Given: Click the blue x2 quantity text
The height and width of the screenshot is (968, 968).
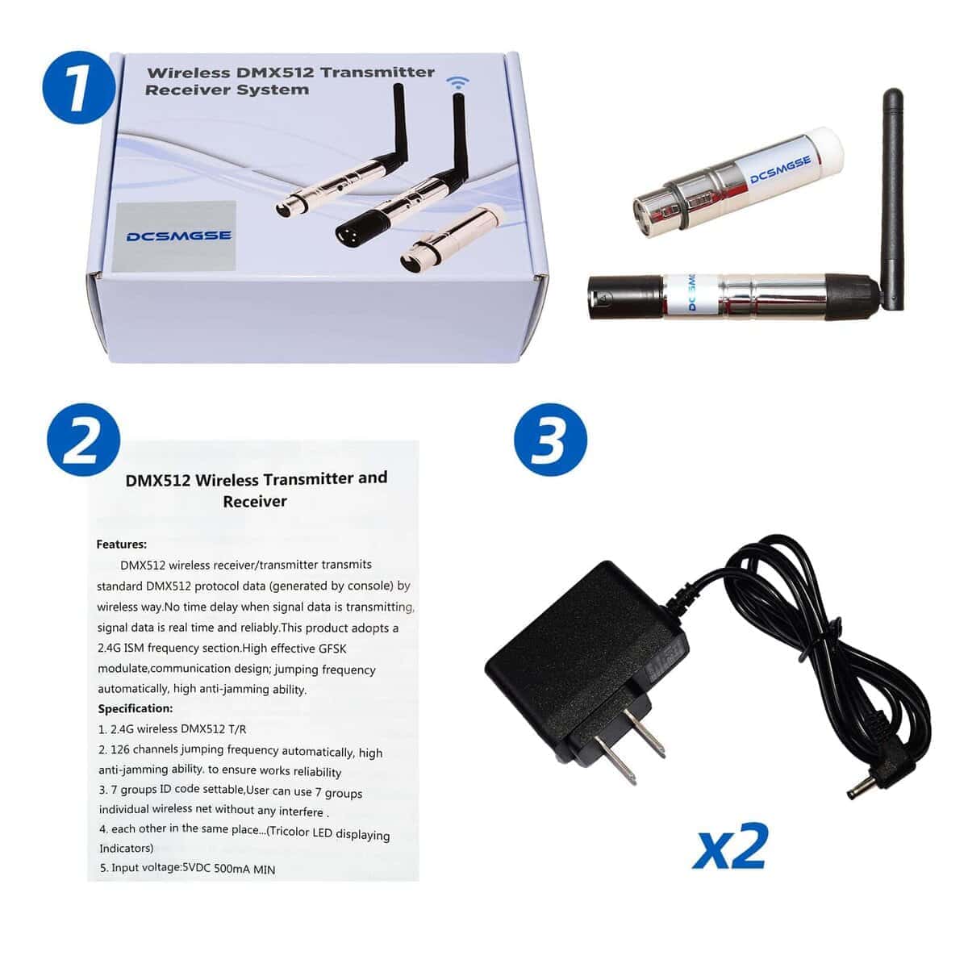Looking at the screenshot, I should tap(729, 847).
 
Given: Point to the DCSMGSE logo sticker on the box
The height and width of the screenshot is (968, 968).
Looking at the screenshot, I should tap(177, 236).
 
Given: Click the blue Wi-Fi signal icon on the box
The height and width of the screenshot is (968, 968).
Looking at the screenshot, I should tap(459, 83).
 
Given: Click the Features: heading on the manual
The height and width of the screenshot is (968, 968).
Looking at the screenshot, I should tap(121, 544).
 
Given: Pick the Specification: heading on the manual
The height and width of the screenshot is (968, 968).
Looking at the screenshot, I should tap(135, 709).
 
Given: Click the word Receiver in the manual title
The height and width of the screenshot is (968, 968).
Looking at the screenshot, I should tap(255, 502).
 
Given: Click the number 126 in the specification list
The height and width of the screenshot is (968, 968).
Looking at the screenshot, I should tap(120, 750).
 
